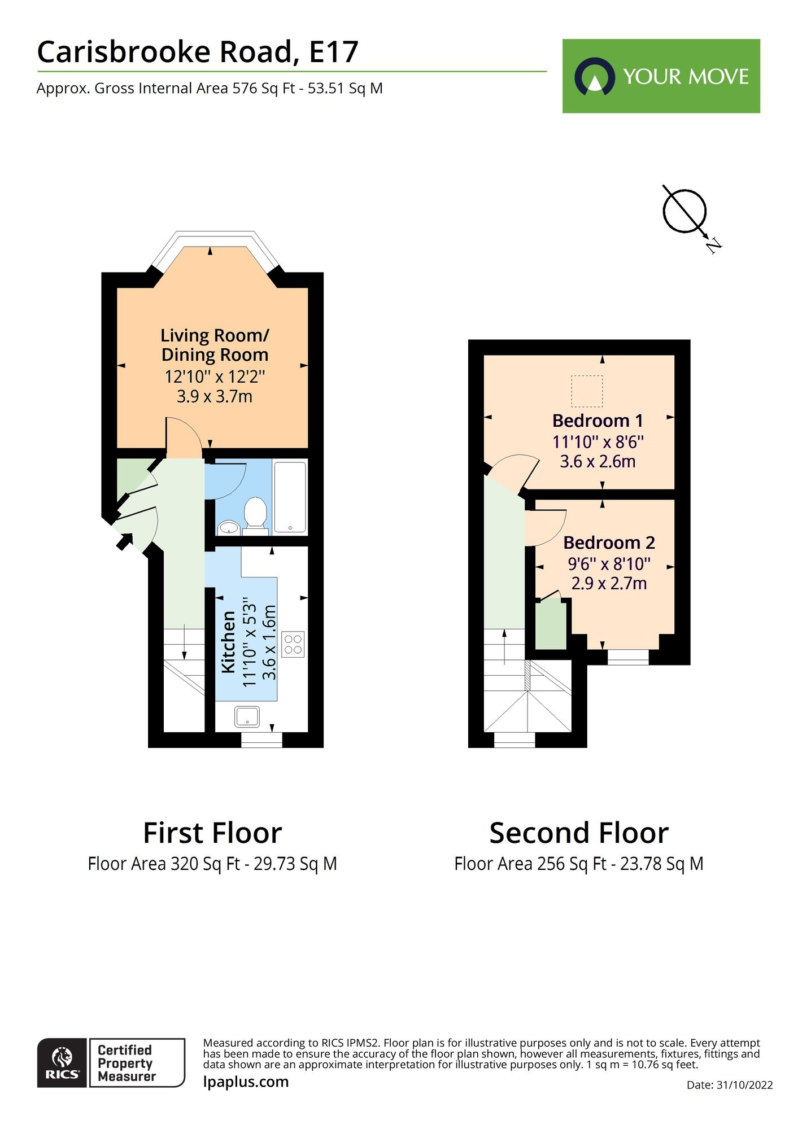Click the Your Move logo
tap(661, 76)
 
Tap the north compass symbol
tap(685, 212)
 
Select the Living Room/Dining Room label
tap(215, 345)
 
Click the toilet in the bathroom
tap(255, 513)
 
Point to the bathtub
tap(290, 496)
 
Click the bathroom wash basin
tap(229, 527)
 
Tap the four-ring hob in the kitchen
tap(293, 644)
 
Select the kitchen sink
tap(247, 717)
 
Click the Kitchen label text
tap(228, 642)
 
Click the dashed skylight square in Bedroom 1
tap(587, 391)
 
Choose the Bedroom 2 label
tap(609, 542)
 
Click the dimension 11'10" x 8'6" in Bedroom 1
tap(598, 442)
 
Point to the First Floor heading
tap(212, 833)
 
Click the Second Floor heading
tap(579, 833)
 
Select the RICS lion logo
tap(62, 1062)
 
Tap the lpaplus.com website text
tap(246, 1082)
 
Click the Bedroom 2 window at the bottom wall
tap(628, 657)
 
